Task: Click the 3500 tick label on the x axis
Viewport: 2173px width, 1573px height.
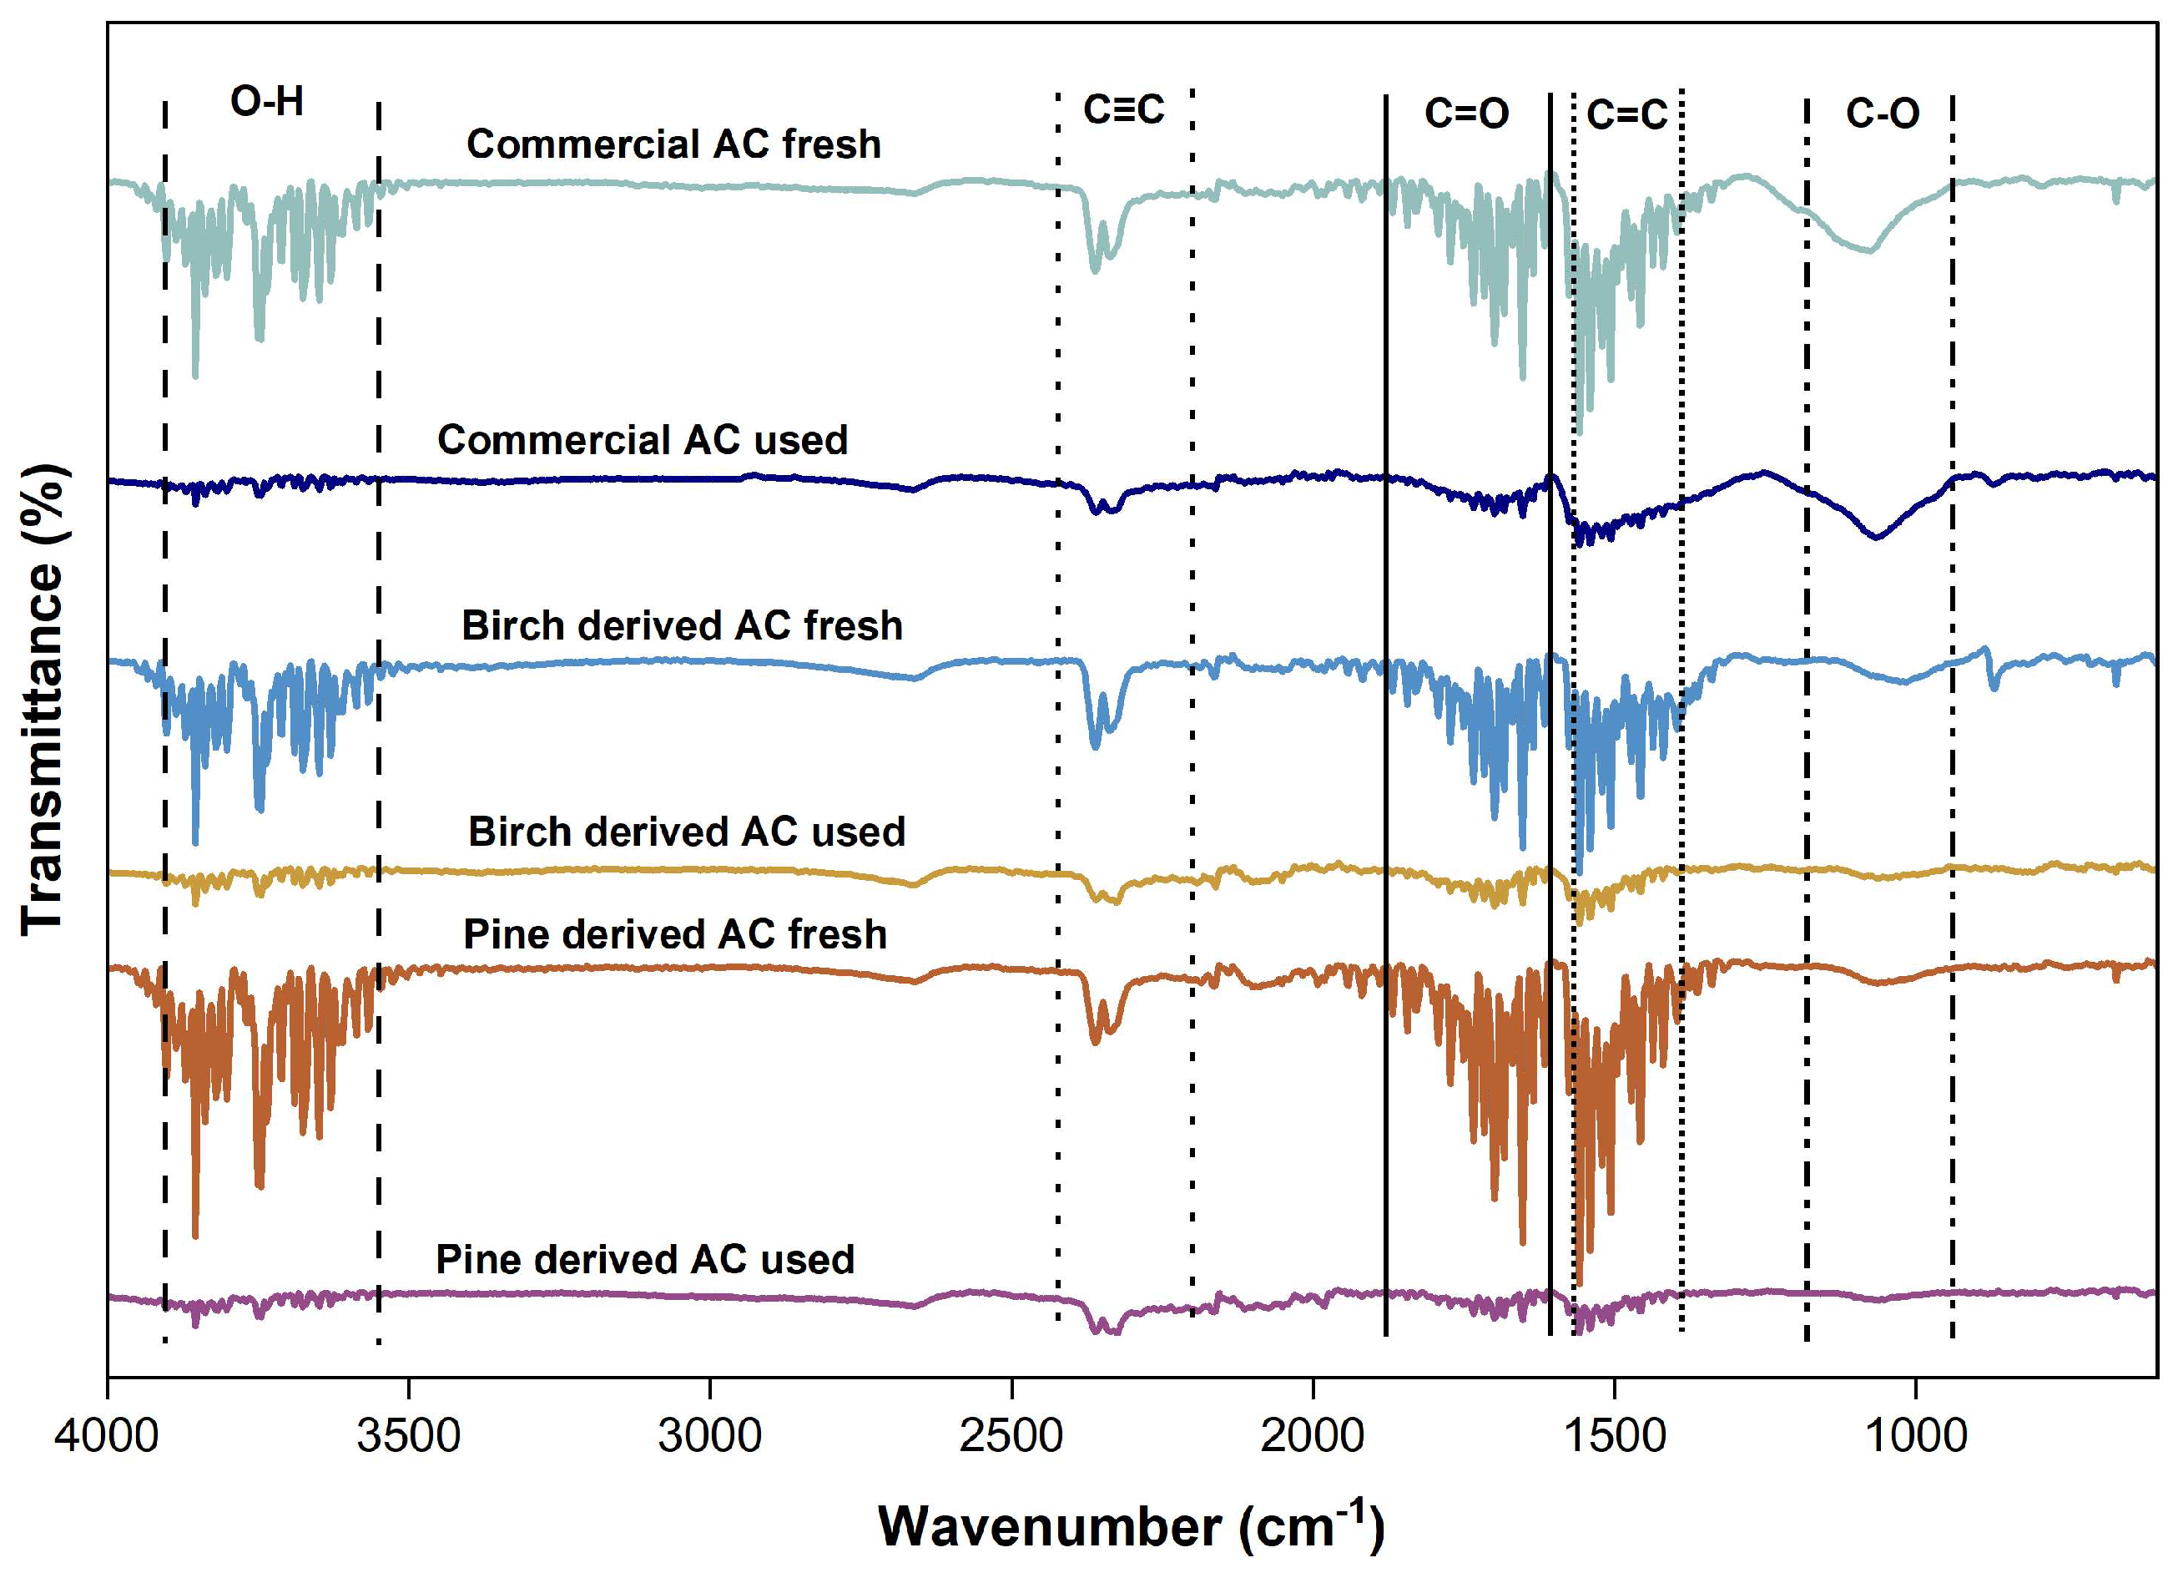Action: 408,1436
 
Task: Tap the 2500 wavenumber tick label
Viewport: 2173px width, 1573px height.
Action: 1011,1436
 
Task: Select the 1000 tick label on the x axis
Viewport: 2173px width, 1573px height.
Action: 1915,1436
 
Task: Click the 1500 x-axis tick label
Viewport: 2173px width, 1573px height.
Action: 1615,1436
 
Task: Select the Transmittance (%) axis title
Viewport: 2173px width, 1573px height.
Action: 43,700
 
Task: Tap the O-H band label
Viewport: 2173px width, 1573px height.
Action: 266,102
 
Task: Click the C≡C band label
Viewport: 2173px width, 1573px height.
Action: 1124,109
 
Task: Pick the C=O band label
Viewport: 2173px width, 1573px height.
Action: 1466,113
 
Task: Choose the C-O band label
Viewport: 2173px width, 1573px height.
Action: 1882,113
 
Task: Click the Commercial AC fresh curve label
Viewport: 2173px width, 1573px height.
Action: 673,144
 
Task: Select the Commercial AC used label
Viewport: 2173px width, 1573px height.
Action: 643,440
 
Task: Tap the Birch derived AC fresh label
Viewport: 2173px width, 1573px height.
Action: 682,626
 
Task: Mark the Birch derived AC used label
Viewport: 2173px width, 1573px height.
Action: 686,832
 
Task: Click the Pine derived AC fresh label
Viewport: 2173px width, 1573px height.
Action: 675,934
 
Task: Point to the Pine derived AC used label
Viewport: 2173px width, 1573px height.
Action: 645,1260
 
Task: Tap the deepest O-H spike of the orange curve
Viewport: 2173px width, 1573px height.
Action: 195,1235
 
